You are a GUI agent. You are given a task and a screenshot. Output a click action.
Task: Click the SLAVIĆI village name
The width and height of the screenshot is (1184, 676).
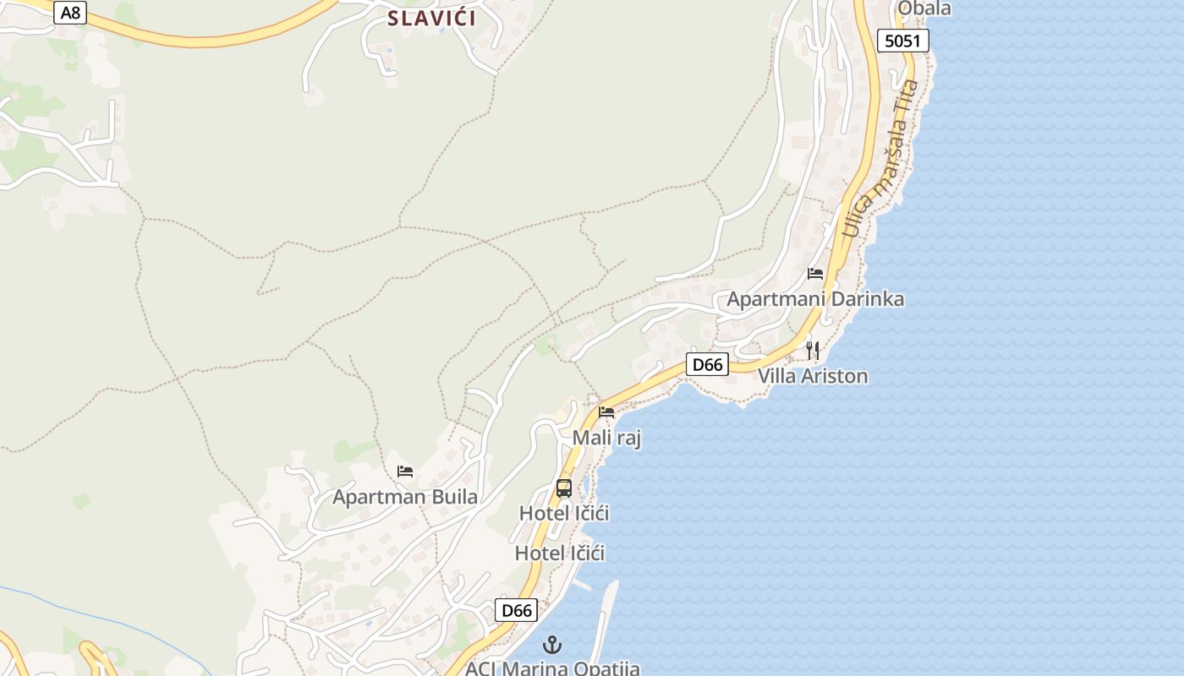(x=431, y=18)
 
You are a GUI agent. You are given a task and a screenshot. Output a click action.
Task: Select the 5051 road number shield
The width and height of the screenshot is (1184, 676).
(x=902, y=41)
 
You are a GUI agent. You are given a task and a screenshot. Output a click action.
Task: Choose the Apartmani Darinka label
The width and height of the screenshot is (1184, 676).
(x=815, y=299)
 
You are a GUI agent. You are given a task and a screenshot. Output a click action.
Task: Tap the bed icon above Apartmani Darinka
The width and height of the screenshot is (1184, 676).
(x=815, y=274)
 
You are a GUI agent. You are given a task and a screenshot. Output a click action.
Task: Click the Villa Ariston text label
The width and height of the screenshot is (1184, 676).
(x=813, y=376)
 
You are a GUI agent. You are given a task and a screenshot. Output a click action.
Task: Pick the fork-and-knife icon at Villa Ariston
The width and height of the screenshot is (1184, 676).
(x=813, y=350)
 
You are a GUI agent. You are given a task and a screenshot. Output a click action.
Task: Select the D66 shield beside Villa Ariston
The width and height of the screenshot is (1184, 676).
(x=706, y=365)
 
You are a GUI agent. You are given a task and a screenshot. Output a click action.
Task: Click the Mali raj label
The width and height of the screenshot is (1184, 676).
(x=606, y=438)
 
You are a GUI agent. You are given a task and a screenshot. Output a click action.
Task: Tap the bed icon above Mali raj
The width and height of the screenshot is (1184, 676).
(x=606, y=412)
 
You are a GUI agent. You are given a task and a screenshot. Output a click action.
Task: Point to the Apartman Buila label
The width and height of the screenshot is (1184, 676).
(x=405, y=497)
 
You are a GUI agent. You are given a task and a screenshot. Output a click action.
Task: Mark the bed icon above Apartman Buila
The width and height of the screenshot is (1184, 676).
(x=405, y=472)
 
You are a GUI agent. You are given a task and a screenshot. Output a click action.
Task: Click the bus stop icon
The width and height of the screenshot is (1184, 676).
(x=564, y=488)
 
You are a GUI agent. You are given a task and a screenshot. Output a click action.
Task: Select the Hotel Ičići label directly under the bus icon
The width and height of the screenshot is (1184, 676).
(x=564, y=514)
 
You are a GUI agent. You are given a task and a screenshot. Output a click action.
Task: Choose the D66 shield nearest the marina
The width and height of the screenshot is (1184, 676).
(x=516, y=610)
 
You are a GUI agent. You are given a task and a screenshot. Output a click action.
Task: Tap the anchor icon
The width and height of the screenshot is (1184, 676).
(x=552, y=646)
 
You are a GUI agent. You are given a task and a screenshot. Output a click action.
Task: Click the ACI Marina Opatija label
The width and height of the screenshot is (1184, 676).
(x=552, y=668)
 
